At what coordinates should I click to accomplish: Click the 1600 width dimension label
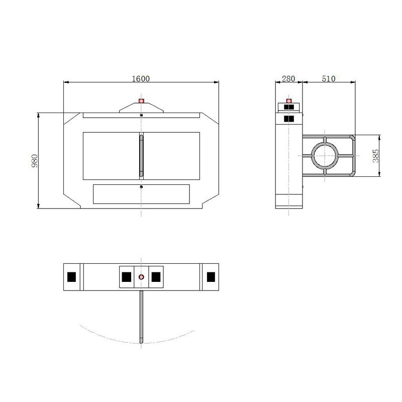tap(141, 78)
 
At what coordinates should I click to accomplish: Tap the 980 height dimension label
tap(34, 161)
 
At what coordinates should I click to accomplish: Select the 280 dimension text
tap(288, 78)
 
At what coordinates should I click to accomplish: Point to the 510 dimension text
tap(329, 78)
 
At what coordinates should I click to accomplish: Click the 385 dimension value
tap(375, 156)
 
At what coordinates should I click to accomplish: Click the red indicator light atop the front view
tap(141, 101)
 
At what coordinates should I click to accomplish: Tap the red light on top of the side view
tap(289, 101)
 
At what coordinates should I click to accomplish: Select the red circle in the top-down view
tap(141, 277)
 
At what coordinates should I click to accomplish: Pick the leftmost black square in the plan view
tap(71, 277)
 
